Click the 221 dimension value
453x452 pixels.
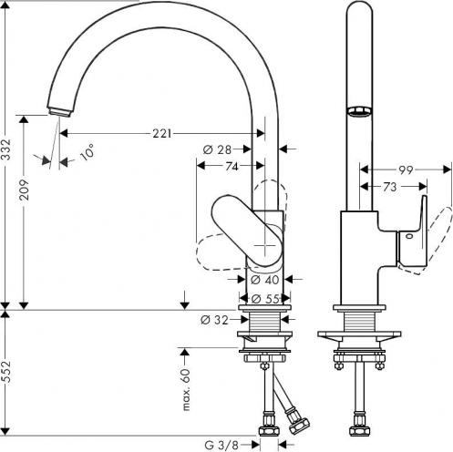[162, 133]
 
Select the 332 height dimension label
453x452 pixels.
[5, 149]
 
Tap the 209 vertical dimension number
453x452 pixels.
[24, 190]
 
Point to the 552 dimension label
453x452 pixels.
[5, 372]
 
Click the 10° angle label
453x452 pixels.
[86, 152]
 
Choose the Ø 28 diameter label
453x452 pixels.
[217, 149]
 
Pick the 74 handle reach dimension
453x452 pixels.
[232, 166]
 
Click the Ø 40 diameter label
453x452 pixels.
[264, 280]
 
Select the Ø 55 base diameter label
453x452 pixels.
[264, 299]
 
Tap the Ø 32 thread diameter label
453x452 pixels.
[214, 320]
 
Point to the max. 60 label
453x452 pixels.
[186, 390]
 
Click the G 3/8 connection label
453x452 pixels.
[221, 446]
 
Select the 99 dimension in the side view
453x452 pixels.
[406, 170]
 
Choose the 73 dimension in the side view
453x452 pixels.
[390, 187]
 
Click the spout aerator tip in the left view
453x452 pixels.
[59, 111]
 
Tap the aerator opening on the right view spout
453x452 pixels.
[359, 110]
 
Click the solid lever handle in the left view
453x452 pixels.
[248, 230]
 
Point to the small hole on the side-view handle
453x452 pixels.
[408, 235]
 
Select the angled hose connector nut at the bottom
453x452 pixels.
[299, 425]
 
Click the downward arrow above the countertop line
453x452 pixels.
[185, 300]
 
